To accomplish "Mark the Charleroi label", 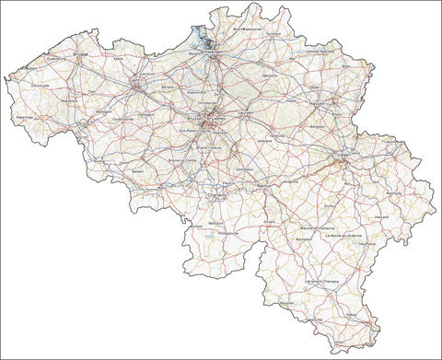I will (217, 195).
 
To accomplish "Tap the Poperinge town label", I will (24, 118).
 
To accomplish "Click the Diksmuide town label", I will (41, 85).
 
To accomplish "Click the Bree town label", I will (346, 67).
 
